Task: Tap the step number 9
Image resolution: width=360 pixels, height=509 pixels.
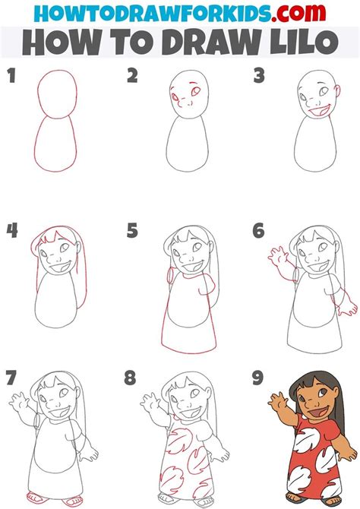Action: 259,378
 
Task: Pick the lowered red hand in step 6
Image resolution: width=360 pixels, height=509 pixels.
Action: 349,307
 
